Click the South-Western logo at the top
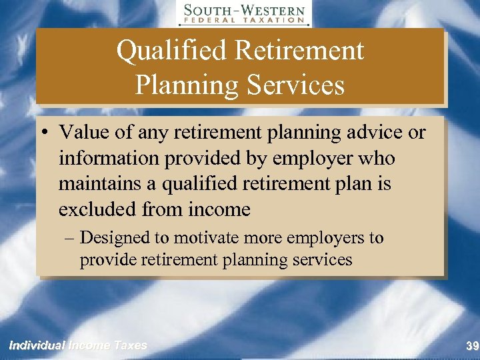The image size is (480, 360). click(x=244, y=13)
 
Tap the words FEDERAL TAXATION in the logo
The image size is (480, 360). click(x=244, y=21)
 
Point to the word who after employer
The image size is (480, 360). click(x=376, y=159)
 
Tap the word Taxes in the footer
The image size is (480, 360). click(x=130, y=345)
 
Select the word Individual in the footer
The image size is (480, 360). click(x=36, y=345)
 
